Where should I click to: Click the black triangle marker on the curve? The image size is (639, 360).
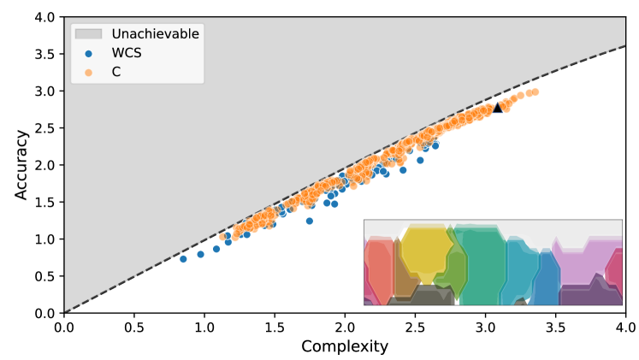pyautogui.click(x=498, y=107)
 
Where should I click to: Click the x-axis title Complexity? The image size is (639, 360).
pyautogui.click(x=344, y=346)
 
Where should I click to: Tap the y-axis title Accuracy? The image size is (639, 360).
pyautogui.click(x=21, y=165)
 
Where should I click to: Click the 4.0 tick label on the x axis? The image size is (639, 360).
pyautogui.click(x=625, y=327)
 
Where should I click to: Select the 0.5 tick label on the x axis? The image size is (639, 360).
pyautogui.click(x=133, y=327)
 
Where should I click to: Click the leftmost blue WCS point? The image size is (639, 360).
pyautogui.click(x=182, y=258)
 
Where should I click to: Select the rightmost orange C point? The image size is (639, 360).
pyautogui.click(x=535, y=91)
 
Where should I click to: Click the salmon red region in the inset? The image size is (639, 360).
pyautogui.click(x=379, y=269)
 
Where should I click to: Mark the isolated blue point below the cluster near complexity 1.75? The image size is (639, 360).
pyautogui.click(x=310, y=221)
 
